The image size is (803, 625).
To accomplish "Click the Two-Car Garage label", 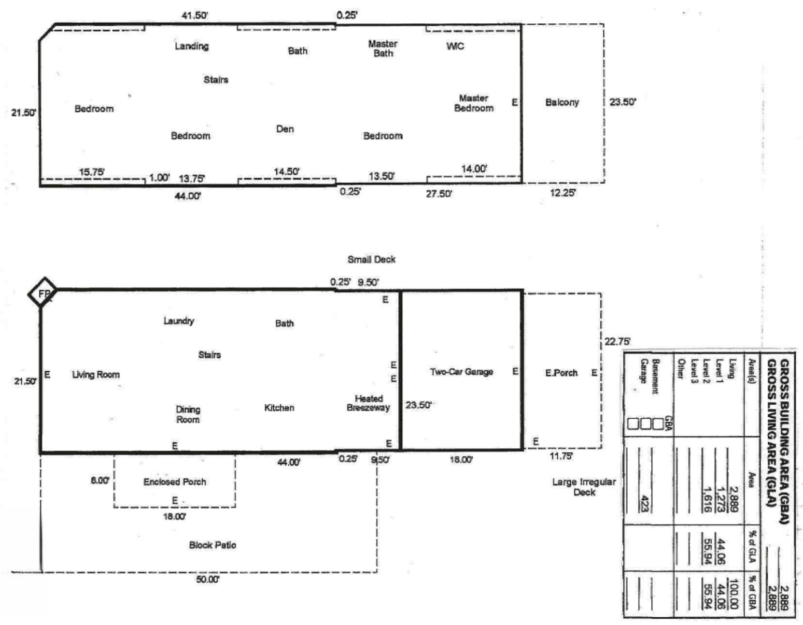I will pyautogui.click(x=461, y=372).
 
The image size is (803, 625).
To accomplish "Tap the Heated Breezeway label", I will pyautogui.click(x=368, y=403).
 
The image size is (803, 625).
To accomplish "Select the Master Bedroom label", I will pyautogui.click(x=473, y=103).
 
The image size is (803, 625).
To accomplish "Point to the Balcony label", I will pyautogui.click(x=562, y=102).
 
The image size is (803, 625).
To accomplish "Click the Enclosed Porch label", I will pyautogui.click(x=174, y=482).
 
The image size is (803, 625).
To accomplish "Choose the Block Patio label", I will pyautogui.click(x=212, y=545).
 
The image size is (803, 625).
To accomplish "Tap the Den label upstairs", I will pyautogui.click(x=285, y=129).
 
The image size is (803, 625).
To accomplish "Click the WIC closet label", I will pyautogui.click(x=455, y=46).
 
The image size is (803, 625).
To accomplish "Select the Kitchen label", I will pyautogui.click(x=279, y=408).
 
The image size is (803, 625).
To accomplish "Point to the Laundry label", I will pyautogui.click(x=179, y=321).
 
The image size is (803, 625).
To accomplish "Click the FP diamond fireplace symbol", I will pyautogui.click(x=43, y=293).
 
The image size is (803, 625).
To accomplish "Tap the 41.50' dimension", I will pyautogui.click(x=195, y=16).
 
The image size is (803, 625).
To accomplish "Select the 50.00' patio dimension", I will pyautogui.click(x=208, y=579).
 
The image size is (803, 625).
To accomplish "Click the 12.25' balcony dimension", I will pyautogui.click(x=563, y=193).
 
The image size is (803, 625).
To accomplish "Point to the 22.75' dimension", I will pyautogui.click(x=617, y=342).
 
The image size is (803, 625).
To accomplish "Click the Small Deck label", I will pyautogui.click(x=371, y=260).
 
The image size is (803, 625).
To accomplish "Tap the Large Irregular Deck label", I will pyautogui.click(x=584, y=487).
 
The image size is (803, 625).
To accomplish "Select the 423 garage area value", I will pyautogui.click(x=645, y=504).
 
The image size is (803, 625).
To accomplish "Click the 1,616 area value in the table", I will pyautogui.click(x=707, y=500).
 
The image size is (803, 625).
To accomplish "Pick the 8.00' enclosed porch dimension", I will pyautogui.click(x=100, y=480).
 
